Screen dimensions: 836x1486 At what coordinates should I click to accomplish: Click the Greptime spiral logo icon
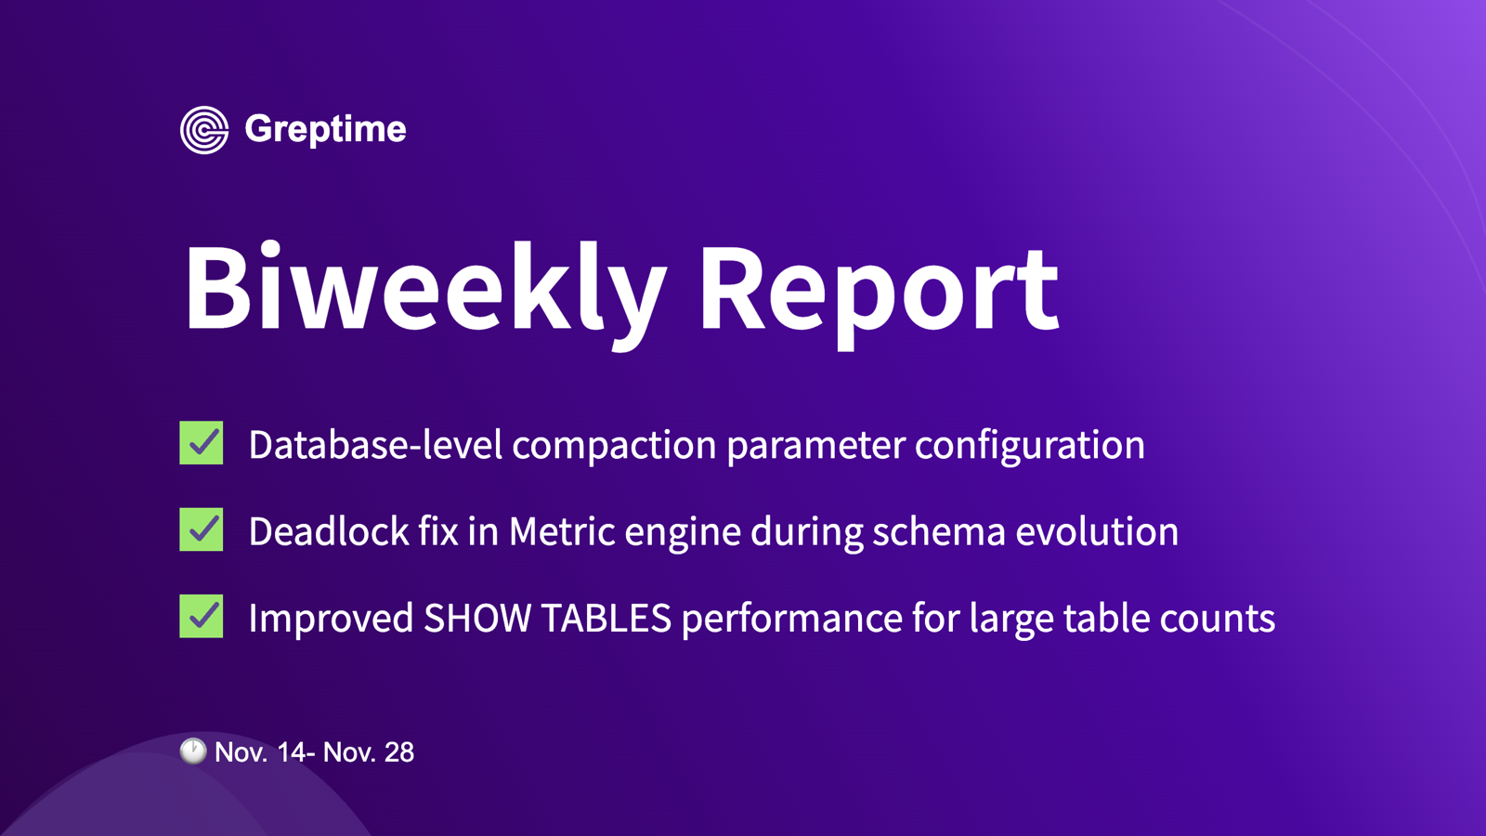click(x=204, y=130)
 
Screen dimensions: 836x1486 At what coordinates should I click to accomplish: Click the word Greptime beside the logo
click(x=325, y=130)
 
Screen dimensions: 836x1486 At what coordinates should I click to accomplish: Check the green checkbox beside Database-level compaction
click(x=202, y=443)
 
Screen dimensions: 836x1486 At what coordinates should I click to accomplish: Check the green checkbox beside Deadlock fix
click(x=202, y=529)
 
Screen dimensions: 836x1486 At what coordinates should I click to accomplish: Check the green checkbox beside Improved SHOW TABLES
click(x=202, y=616)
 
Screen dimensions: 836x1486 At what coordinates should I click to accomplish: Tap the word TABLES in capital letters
click(x=606, y=619)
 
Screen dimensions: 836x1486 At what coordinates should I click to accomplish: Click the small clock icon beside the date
click(x=193, y=751)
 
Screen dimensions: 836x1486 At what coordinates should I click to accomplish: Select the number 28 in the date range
click(x=399, y=752)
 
